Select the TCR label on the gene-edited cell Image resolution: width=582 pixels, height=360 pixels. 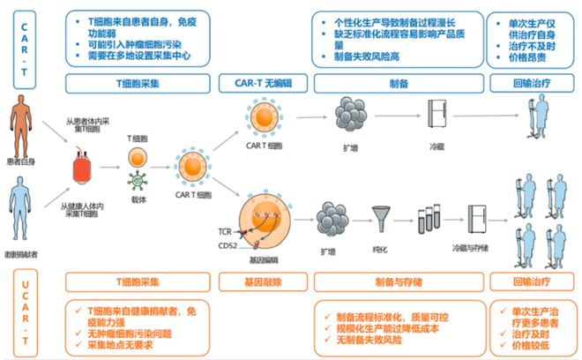226,231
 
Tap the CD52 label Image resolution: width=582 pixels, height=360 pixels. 227,246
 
